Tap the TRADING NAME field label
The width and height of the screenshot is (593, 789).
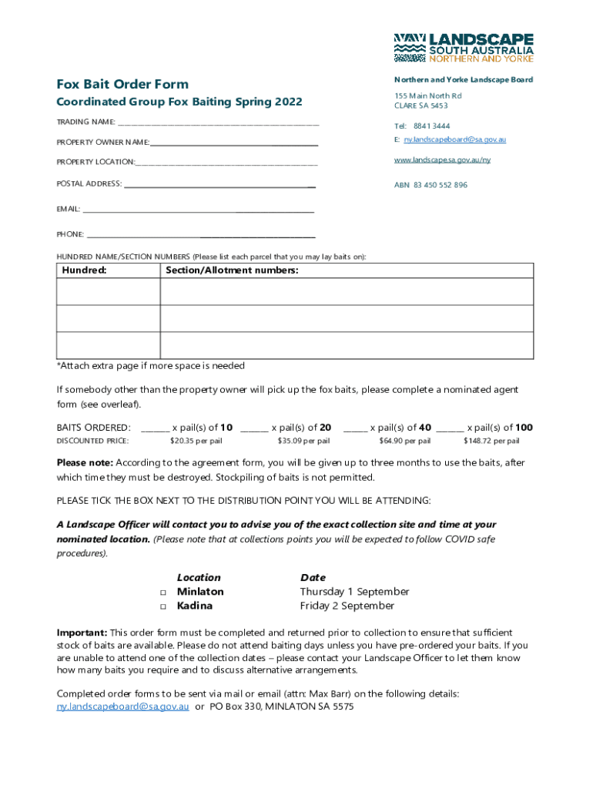click(85, 123)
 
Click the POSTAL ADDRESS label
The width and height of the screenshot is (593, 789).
click(89, 184)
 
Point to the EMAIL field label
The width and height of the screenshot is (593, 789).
click(69, 210)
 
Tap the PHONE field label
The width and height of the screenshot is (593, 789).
click(70, 234)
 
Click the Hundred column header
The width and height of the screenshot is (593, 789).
click(84, 270)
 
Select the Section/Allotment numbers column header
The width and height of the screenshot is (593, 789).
click(232, 270)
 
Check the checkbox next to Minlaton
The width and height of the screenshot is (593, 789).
click(163, 593)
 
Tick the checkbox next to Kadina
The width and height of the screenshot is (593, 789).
click(163, 607)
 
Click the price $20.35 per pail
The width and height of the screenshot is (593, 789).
click(196, 442)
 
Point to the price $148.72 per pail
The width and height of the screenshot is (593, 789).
click(491, 442)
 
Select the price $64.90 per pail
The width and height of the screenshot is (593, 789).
click(404, 442)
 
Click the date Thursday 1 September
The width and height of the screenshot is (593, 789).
click(354, 592)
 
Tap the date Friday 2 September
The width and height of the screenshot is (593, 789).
click(347, 606)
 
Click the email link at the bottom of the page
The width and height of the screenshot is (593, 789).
click(123, 707)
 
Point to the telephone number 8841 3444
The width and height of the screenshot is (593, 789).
click(431, 126)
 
